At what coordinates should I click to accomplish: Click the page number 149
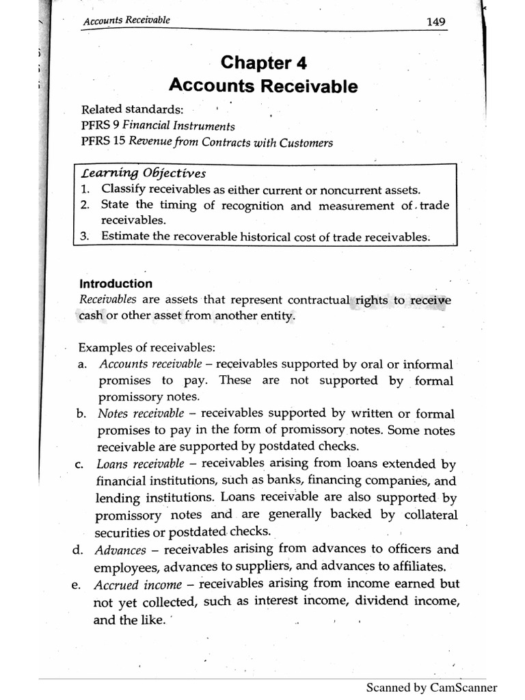[435, 22]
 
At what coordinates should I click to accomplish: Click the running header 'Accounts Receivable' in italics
[126, 21]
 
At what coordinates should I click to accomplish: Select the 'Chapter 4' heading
[263, 63]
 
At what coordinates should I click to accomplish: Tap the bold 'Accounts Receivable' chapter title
[263, 86]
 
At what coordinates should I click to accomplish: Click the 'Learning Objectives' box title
[144, 173]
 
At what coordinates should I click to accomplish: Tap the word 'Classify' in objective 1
[122, 189]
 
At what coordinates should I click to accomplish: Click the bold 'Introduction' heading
[116, 284]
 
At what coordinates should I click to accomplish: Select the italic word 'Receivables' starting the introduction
[108, 300]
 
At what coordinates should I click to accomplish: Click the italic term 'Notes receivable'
[141, 414]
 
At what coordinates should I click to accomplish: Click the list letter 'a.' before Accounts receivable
[82, 364]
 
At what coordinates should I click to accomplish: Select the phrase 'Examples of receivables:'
[147, 347]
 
